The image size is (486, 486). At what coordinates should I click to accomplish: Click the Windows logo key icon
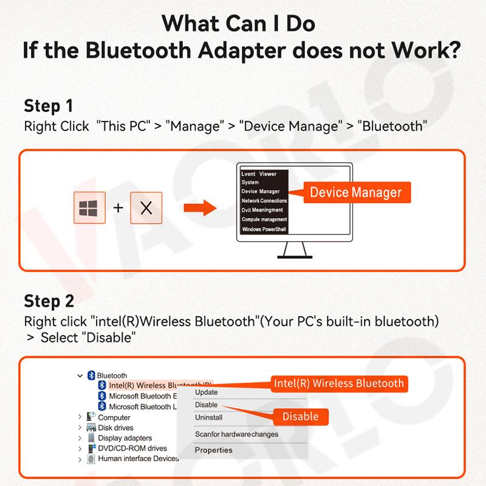coord(89,208)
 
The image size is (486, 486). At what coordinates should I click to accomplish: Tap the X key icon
coord(146,208)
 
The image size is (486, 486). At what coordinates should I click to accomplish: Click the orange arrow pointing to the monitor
coord(200,208)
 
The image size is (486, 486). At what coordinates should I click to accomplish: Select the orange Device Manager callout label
coord(355,193)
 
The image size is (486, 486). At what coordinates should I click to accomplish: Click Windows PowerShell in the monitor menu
coord(264,229)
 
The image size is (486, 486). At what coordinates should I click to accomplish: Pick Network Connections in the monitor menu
coord(264,200)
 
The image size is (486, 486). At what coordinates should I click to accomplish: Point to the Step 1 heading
coord(48,106)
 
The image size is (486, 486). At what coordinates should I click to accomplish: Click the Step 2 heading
coord(49,301)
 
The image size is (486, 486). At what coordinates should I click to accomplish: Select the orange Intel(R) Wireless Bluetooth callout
coord(338,383)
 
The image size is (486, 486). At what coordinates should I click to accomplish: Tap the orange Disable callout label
coord(300,416)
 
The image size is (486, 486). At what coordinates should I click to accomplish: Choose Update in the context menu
coord(207,392)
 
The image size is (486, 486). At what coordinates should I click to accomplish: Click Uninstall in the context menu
coord(208,417)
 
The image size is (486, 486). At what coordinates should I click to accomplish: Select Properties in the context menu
coord(213,450)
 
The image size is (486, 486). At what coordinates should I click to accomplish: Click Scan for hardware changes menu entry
coord(236,434)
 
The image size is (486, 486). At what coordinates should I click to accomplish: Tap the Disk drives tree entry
coord(115,428)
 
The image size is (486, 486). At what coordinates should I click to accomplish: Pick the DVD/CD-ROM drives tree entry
coord(132,448)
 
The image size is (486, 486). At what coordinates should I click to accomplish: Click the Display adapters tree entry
coord(125,438)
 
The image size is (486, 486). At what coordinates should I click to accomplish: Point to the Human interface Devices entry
coord(138,459)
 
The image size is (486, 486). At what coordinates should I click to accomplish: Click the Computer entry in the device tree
coord(114,417)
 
